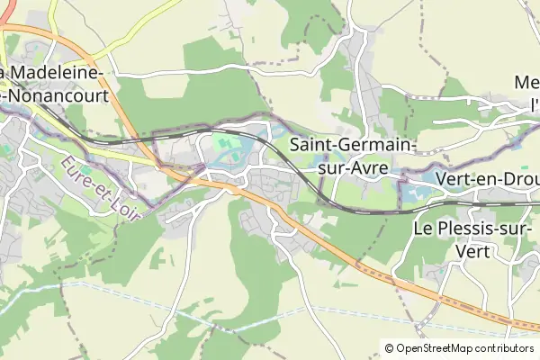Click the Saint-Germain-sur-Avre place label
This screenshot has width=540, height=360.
pyautogui.click(x=352, y=154)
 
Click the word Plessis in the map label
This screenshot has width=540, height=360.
pyautogui.click(x=468, y=229)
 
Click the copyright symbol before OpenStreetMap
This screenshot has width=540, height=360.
pyautogui.click(x=390, y=347)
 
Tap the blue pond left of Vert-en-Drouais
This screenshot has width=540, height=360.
pyautogui.click(x=415, y=191)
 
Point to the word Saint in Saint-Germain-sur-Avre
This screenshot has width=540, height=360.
pyautogui.click(x=311, y=144)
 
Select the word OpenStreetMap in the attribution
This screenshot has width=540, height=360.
pyautogui.click(x=437, y=347)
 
